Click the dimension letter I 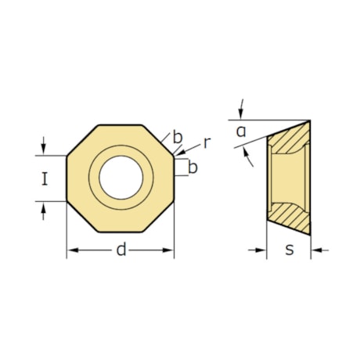pos(45,179)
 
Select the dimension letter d pos(121,250)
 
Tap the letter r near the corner pos(207,142)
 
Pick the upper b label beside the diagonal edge pos(178,139)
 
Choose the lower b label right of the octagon pos(193,167)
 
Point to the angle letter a pos(241,131)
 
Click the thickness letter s pos(289,250)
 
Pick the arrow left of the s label pos(261,250)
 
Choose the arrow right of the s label pos(317,250)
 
